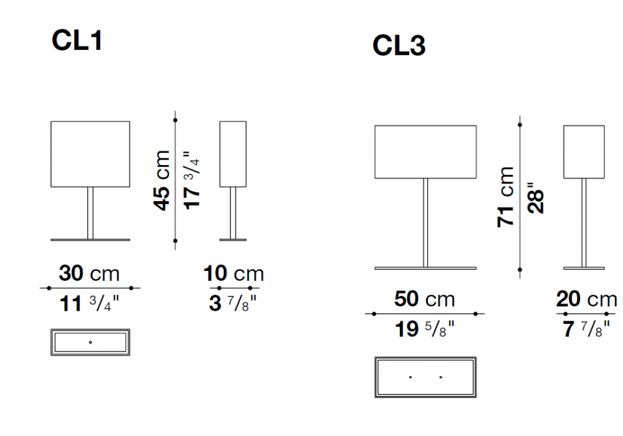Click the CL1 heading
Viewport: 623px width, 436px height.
click(77, 40)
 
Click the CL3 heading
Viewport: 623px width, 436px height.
click(399, 45)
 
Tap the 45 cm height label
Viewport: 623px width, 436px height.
click(162, 180)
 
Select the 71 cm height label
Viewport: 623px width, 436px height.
click(505, 197)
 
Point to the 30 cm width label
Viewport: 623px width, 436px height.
click(89, 273)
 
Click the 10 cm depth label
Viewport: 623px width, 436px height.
click(234, 273)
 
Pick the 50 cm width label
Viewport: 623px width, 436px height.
click(424, 298)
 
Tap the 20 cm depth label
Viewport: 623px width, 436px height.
click(586, 298)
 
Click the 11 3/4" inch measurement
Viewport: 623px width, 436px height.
click(89, 303)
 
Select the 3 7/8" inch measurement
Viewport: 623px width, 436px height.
click(233, 303)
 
